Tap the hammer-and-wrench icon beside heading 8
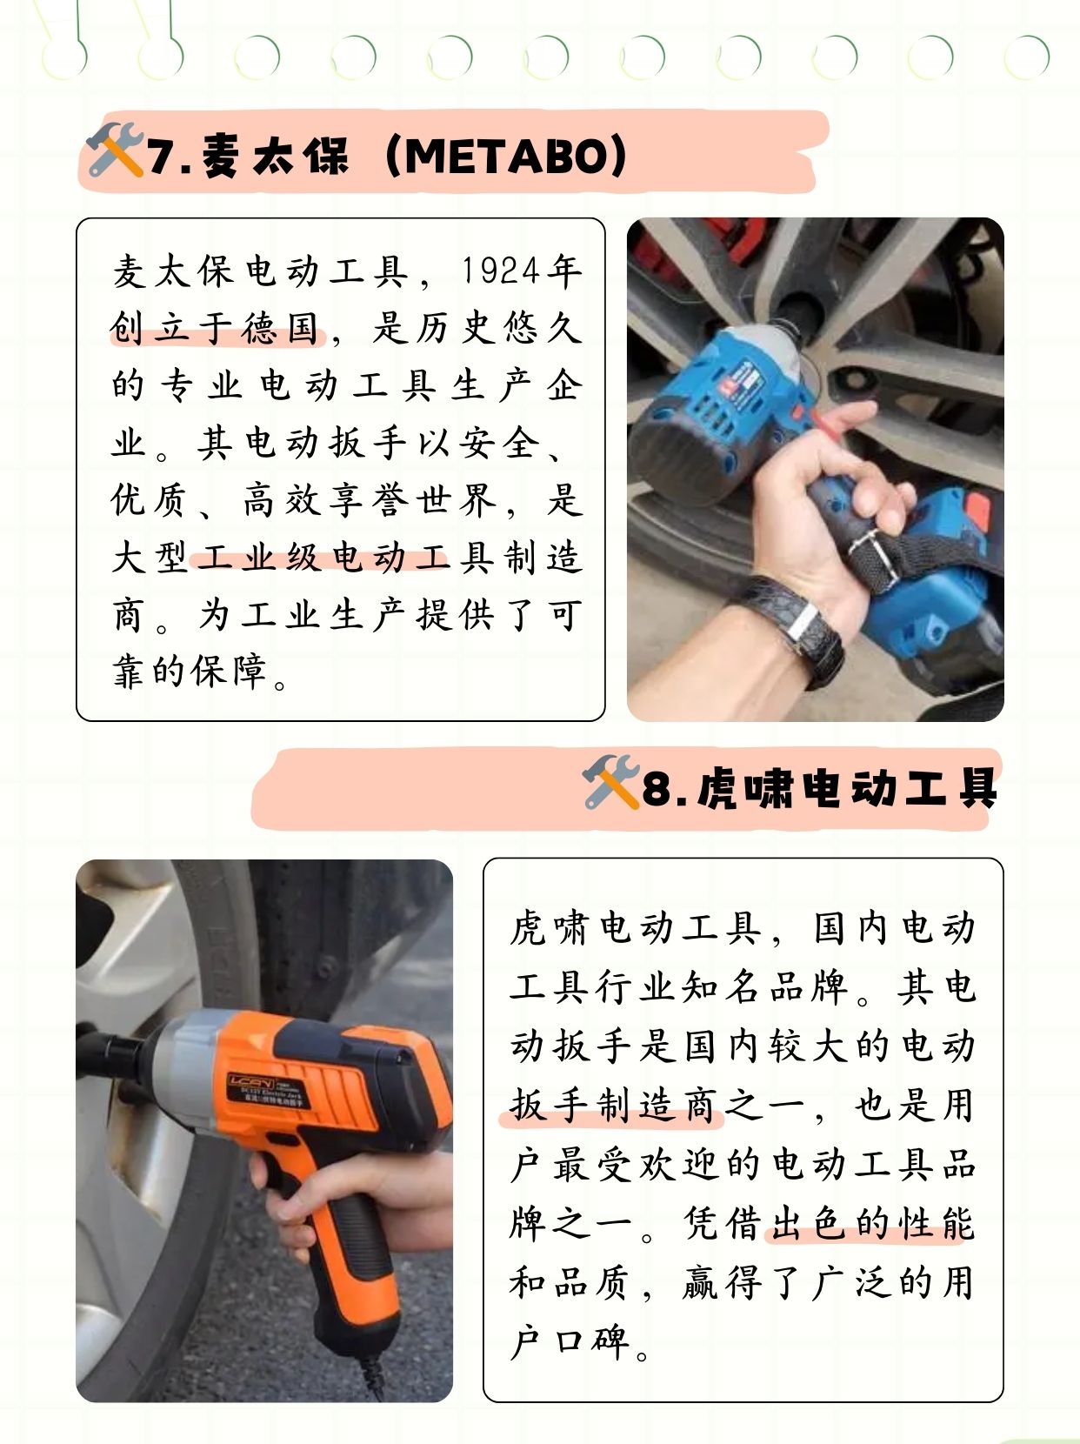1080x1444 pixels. click(x=610, y=782)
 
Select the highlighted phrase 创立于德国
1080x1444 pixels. click(x=216, y=329)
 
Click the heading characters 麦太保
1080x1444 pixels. click(x=275, y=157)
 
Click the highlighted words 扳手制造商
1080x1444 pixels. click(x=612, y=1106)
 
